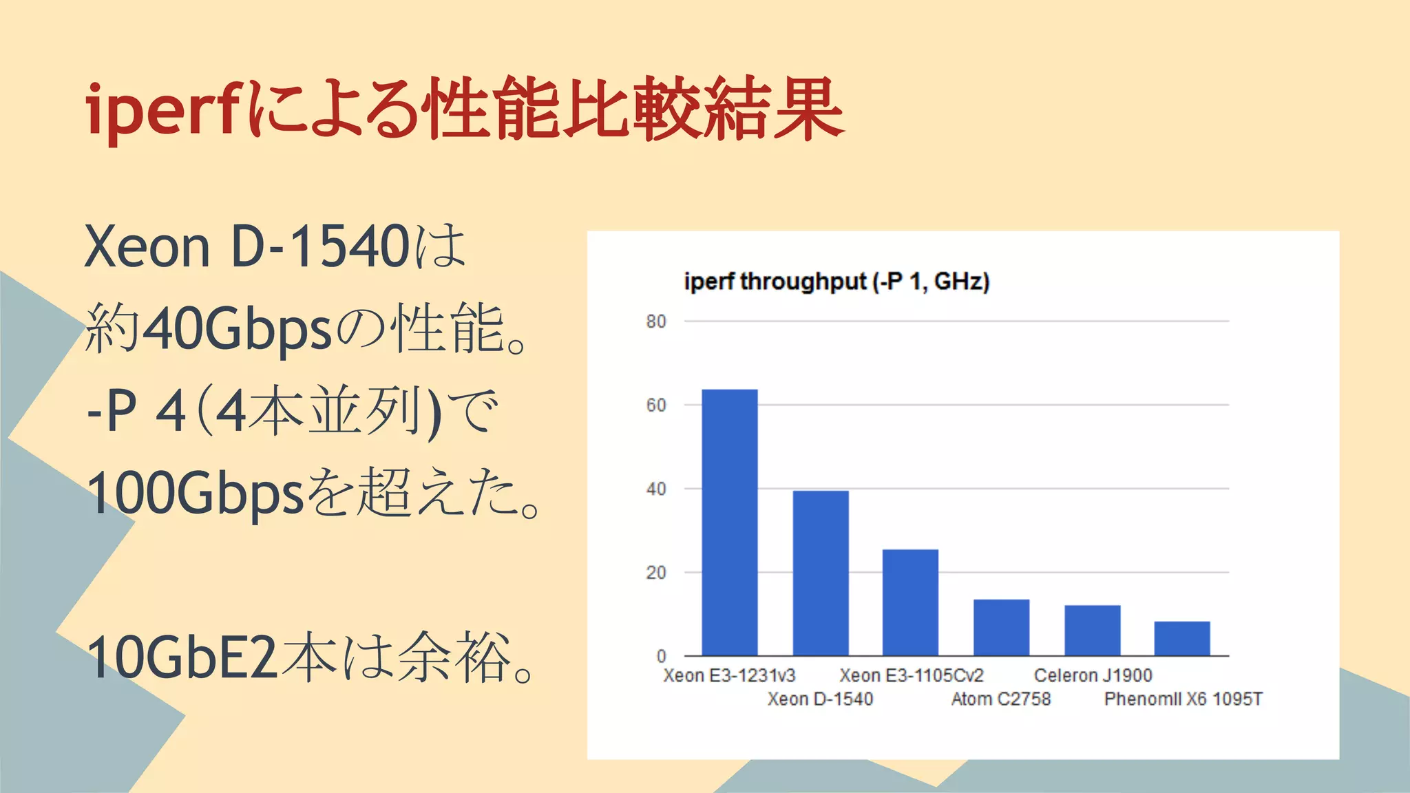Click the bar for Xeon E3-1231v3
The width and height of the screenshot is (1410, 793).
pyautogui.click(x=730, y=522)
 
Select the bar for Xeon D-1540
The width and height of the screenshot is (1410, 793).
pyautogui.click(x=821, y=573)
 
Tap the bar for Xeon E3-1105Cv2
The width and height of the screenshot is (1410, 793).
pyautogui.click(x=910, y=602)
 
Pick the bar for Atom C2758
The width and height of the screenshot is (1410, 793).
pyautogui.click(x=1001, y=627)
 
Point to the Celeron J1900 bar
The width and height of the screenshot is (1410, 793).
pyautogui.click(x=1092, y=630)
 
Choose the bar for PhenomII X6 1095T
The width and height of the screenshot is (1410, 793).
pyautogui.click(x=1181, y=638)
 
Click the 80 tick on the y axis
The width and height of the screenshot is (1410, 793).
pyautogui.click(x=656, y=321)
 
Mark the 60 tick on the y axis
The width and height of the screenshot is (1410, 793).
pyautogui.click(x=656, y=405)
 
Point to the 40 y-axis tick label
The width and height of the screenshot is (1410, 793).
pyautogui.click(x=656, y=489)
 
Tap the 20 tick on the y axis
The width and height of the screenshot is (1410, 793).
pyautogui.click(x=656, y=573)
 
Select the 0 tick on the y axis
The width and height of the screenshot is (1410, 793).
pyautogui.click(x=661, y=656)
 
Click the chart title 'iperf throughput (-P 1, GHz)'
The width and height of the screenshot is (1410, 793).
pyautogui.click(x=836, y=282)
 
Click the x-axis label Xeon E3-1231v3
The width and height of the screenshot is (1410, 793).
pyautogui.click(x=729, y=675)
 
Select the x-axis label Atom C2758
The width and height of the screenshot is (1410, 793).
pyautogui.click(x=1001, y=699)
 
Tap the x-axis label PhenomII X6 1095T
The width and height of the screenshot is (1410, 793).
pyautogui.click(x=1183, y=699)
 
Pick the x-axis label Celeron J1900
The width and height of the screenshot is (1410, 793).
pyautogui.click(x=1093, y=675)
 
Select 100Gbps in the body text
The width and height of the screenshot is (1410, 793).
pyautogui.click(x=196, y=494)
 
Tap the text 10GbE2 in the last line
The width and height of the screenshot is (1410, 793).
pyautogui.click(x=182, y=657)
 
